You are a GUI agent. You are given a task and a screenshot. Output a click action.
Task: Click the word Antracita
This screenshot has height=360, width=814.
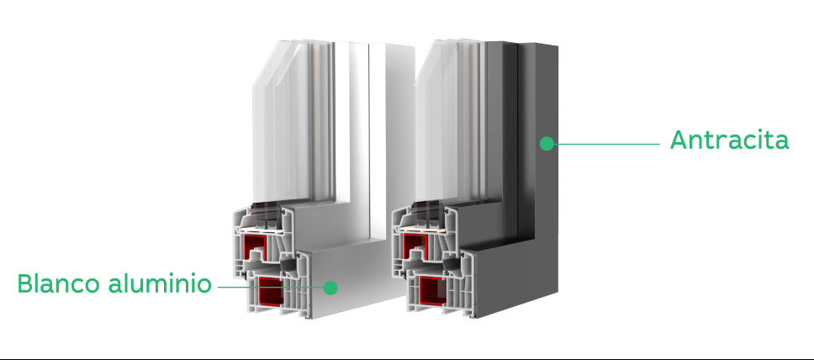tap(729, 140)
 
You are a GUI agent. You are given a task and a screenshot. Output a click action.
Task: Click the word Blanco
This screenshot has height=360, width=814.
tap(58, 283)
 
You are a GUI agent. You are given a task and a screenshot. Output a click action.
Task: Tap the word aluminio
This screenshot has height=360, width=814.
tap(160, 283)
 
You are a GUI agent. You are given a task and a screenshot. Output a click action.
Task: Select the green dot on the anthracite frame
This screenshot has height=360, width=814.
tap(547, 143)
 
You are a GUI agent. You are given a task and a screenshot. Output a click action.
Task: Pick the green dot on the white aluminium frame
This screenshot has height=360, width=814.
tap(330, 288)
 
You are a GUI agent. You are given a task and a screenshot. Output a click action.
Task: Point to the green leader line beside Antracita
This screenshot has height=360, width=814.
tap(607, 144)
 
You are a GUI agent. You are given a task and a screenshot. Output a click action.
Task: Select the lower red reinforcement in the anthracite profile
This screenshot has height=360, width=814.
tap(432, 291)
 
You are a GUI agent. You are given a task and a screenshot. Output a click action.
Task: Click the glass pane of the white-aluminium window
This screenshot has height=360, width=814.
tap(291, 124)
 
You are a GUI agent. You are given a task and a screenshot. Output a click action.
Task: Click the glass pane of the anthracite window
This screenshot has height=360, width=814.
tap(451, 124)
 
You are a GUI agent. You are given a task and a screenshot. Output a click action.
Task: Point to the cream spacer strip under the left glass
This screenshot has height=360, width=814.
tap(262, 228)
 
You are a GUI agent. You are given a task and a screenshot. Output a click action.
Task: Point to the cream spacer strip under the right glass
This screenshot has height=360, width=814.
tap(424, 228)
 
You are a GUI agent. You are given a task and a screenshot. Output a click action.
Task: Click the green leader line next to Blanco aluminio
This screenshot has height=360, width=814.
tap(271, 287)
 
